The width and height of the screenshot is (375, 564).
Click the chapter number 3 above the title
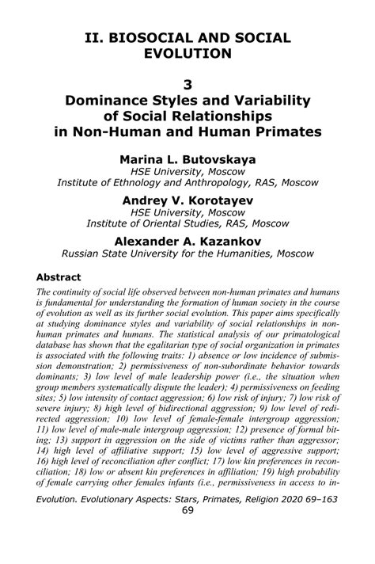point(187,82)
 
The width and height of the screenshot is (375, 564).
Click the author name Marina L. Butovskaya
point(187,158)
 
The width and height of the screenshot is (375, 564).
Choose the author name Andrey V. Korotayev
point(187,200)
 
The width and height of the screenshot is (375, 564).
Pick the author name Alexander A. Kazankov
point(187,240)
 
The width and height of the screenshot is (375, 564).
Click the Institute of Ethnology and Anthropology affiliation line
point(187,183)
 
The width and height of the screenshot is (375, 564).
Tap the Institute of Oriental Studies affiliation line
point(187,223)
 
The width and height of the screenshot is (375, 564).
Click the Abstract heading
point(59,278)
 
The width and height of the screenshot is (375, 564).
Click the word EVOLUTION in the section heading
point(187,54)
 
